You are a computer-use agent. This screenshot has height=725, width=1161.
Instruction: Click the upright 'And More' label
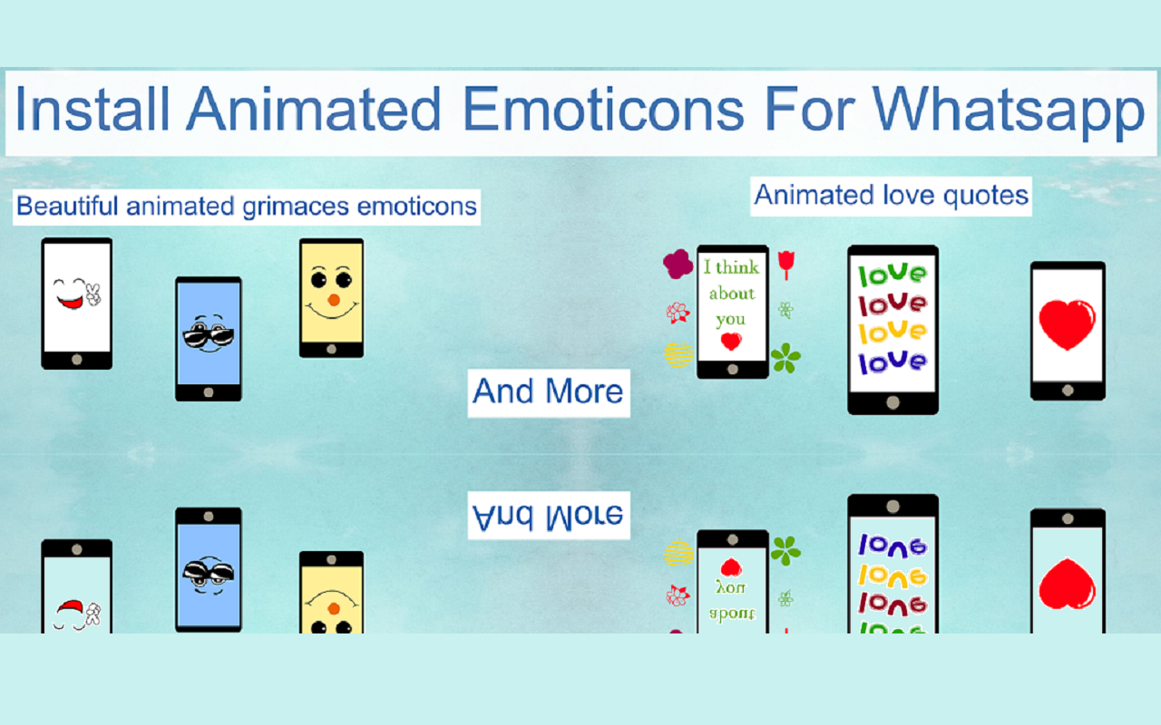(x=548, y=392)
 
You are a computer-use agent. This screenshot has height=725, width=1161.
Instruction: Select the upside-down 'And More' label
(x=548, y=516)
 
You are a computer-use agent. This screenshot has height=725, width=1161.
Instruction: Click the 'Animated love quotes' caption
(x=891, y=195)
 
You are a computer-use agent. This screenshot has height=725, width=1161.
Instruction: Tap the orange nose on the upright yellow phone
(x=333, y=300)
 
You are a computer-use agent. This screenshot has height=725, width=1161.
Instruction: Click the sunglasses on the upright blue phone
(x=208, y=336)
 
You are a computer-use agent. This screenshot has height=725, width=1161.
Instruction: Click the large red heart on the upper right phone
(x=1067, y=324)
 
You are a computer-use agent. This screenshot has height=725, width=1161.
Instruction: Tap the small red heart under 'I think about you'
(x=730, y=342)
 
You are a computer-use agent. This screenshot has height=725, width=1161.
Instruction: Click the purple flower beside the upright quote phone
(x=678, y=264)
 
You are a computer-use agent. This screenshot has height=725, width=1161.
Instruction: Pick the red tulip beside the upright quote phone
(x=786, y=264)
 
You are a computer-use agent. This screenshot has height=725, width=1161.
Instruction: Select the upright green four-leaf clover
(x=785, y=358)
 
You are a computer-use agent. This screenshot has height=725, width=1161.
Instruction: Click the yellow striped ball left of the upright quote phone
(x=678, y=354)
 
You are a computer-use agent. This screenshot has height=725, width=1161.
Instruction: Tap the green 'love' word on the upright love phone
(x=893, y=273)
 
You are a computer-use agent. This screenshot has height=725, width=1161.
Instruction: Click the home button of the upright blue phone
(x=208, y=392)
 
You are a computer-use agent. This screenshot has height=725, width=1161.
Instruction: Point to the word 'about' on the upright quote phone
(x=731, y=294)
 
